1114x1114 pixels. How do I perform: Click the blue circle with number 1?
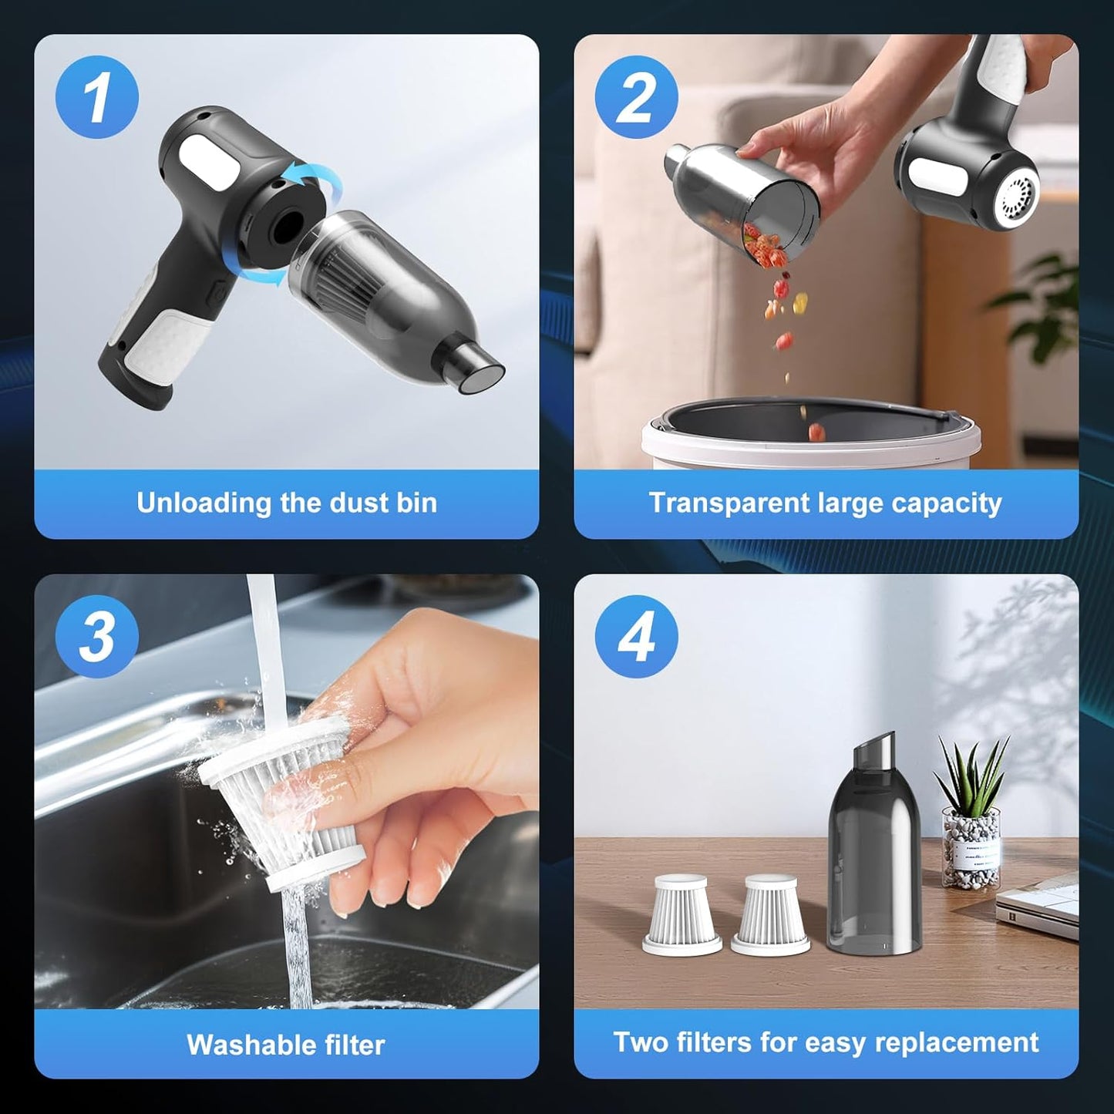[97, 97]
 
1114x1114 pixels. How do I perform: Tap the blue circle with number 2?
[636, 97]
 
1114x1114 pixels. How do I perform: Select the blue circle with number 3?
[97, 637]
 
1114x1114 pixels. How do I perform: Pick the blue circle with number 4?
[636, 637]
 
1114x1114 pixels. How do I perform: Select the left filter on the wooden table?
[681, 915]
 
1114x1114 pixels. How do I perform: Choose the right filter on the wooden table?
[770, 915]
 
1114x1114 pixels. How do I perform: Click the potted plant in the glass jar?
[971, 817]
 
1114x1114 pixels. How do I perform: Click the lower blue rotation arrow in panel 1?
[266, 276]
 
